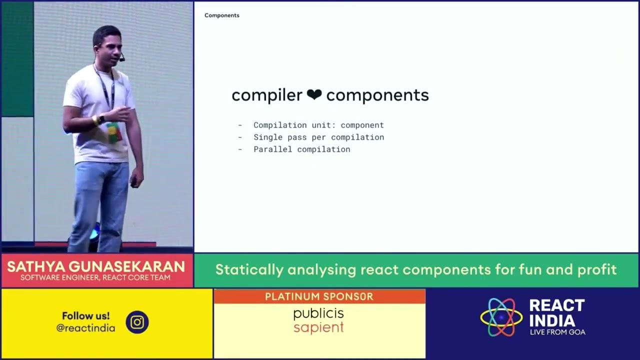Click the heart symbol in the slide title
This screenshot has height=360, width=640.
point(314,95)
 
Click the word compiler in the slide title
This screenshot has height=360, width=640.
point(267,95)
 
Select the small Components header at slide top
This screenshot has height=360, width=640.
point(222,15)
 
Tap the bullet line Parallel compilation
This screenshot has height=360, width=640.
point(301,149)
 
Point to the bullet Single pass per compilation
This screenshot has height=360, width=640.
point(318,137)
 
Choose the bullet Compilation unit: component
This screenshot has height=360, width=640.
point(318,125)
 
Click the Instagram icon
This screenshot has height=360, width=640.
point(137,322)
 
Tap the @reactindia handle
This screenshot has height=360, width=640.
point(85,328)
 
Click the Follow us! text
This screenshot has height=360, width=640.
point(85,315)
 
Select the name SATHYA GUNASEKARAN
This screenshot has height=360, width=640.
point(96,266)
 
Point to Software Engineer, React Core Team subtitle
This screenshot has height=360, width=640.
point(96,278)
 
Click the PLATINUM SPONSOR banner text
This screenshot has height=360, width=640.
point(319,296)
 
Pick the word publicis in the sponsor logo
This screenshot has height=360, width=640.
point(318,314)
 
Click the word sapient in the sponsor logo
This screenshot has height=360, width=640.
point(318,328)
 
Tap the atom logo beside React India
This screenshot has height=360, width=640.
point(501,317)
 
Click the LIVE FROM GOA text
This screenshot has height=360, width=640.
point(557,332)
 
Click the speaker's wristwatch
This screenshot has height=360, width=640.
point(101,118)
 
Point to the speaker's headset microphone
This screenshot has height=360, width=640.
point(121,59)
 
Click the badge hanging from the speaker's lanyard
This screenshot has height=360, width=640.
point(113,131)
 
